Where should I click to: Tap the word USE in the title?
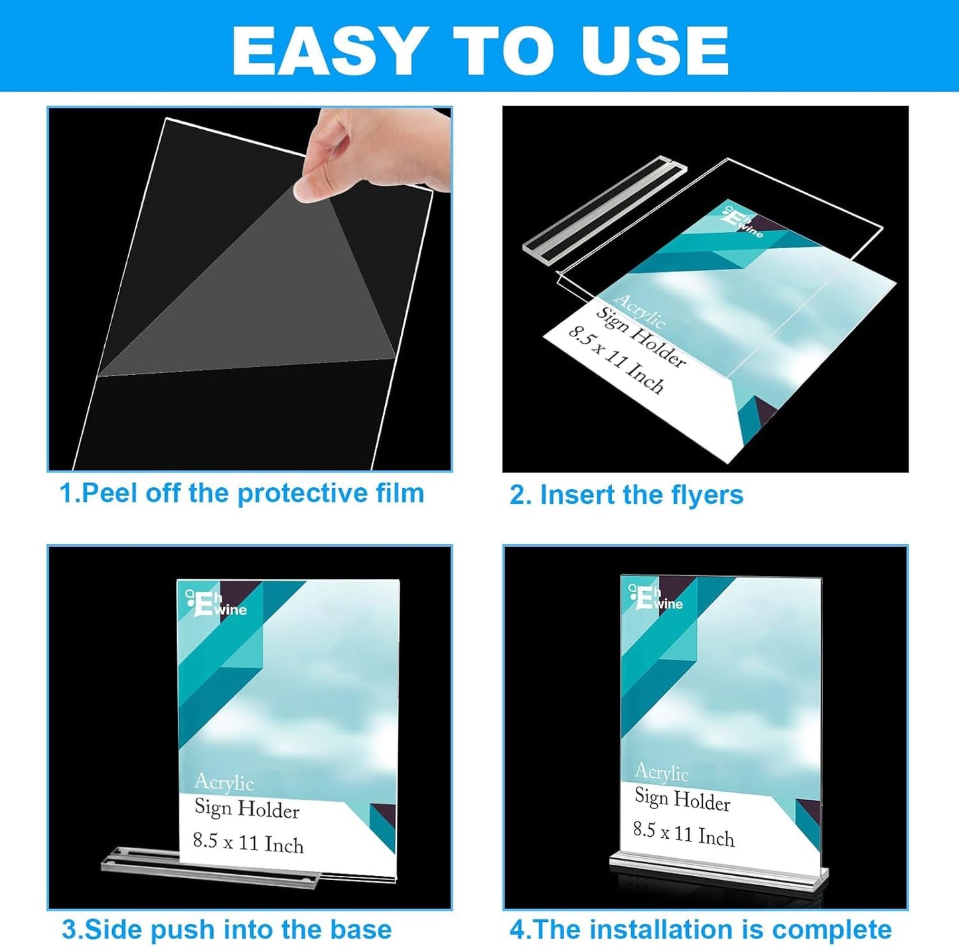point(654,51)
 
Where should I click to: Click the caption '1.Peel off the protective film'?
point(242,493)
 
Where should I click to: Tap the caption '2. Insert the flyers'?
point(626,495)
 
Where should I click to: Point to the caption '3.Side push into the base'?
point(226,929)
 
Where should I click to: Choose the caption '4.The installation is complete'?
point(700,929)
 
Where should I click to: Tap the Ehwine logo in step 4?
point(656,597)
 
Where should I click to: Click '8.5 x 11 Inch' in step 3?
point(248,843)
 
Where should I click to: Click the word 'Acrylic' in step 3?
point(224,782)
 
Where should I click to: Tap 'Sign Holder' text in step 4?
point(682,799)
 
